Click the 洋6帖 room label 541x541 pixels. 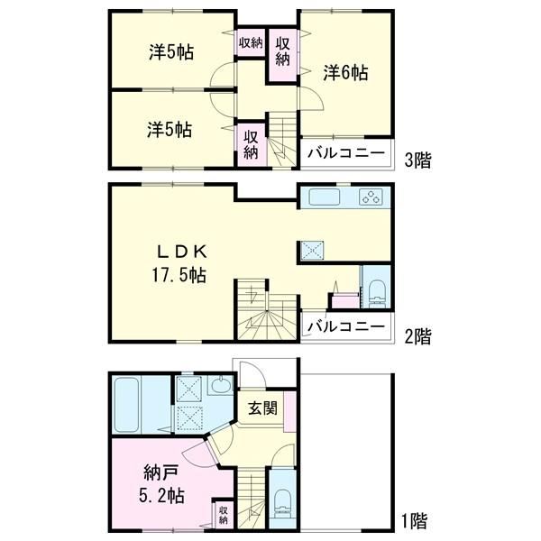click(x=345, y=73)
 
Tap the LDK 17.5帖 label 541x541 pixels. click(x=180, y=263)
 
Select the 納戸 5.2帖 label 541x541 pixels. click(x=161, y=484)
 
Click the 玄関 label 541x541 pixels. click(x=263, y=408)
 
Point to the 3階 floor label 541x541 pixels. click(x=417, y=160)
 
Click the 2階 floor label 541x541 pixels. click(x=417, y=336)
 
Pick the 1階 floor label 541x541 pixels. click(x=415, y=521)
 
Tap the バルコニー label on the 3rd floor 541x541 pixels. click(x=346, y=153)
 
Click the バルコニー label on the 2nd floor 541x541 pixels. click(x=346, y=326)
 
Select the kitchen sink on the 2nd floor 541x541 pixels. click(x=324, y=197)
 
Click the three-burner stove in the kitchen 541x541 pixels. click(x=371, y=197)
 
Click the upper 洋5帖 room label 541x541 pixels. click(x=171, y=52)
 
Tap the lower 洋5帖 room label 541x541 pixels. click(x=170, y=130)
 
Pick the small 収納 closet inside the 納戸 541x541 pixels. click(x=224, y=515)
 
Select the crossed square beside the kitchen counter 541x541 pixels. click(x=312, y=250)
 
